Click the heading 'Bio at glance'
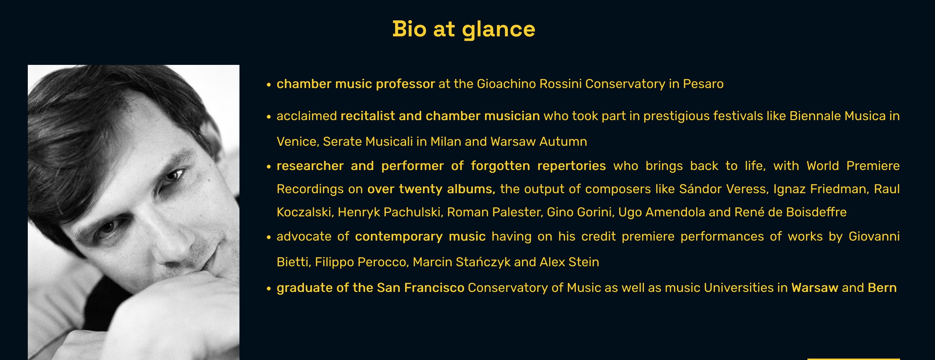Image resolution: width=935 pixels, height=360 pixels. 464,29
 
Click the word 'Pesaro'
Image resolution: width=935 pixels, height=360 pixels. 703,84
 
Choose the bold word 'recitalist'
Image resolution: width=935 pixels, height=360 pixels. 367,116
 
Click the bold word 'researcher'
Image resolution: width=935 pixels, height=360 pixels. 310,166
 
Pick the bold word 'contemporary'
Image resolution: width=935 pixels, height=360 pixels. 398,237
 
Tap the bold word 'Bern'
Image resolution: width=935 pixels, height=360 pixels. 882,288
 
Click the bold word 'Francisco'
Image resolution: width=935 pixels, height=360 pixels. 434,288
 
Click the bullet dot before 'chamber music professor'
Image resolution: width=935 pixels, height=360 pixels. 269,85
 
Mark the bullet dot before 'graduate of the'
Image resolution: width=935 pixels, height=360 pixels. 269,289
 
